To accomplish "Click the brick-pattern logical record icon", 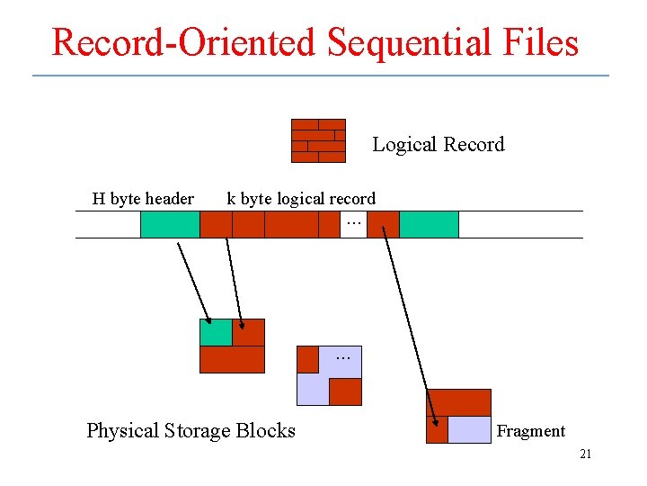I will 318,140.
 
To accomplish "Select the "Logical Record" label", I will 438,145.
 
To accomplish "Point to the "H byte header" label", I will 143,199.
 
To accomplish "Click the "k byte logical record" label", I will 301,199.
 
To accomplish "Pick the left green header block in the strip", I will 170,224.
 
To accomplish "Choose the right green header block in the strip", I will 429,224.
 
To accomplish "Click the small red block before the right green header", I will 383,224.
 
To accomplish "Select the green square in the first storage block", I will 216,332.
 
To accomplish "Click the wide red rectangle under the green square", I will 232,359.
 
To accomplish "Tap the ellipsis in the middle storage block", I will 342,358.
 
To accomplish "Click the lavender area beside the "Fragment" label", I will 469,430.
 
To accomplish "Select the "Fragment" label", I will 531,431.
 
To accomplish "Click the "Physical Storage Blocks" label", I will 191,431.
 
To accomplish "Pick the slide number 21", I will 585,454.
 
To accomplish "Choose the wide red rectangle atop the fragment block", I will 458,402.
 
